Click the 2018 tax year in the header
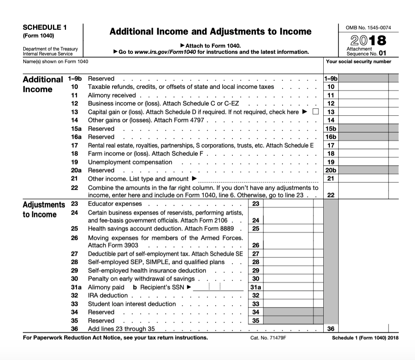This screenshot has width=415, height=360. point(368,41)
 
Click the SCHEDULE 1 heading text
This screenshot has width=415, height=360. point(45,28)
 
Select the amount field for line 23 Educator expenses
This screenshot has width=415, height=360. point(288,204)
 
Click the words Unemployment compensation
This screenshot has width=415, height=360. point(130,162)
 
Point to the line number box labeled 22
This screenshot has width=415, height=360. point(331,195)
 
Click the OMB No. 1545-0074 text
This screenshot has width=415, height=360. point(368,28)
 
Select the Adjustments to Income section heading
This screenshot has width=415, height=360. point(44,209)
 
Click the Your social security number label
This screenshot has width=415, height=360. point(359,62)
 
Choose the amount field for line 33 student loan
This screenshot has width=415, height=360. point(288,304)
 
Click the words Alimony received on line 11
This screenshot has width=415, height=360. point(112,95)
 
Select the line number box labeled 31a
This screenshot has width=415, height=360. point(256,287)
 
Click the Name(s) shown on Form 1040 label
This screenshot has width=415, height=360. point(55,62)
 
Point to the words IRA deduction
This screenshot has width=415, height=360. point(108,296)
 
